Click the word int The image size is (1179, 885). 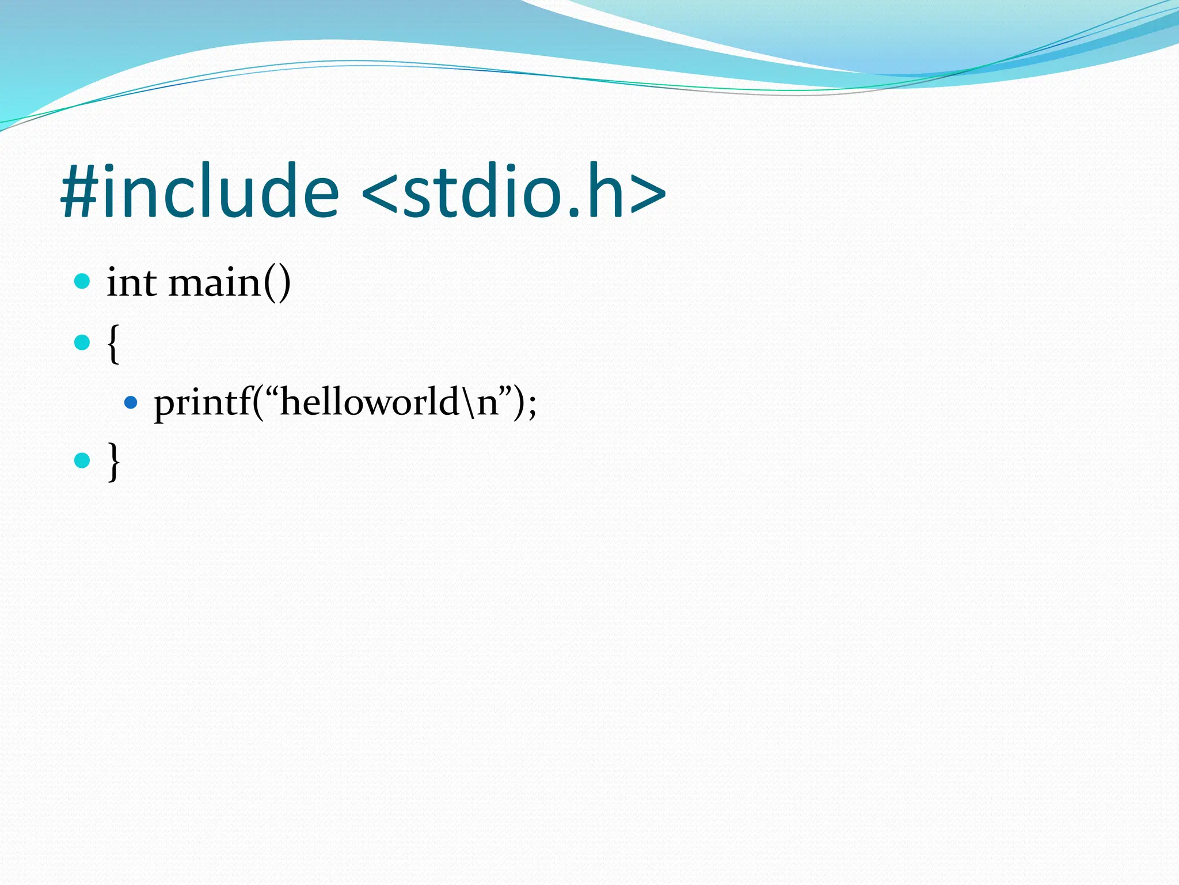131,283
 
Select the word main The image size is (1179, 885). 214,283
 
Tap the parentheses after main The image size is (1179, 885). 277,284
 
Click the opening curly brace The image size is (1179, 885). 113,344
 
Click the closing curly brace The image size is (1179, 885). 113,462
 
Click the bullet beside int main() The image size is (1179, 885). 82,282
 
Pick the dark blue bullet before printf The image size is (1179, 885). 131,402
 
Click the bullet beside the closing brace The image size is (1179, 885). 82,460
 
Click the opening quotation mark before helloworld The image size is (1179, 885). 271,392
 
